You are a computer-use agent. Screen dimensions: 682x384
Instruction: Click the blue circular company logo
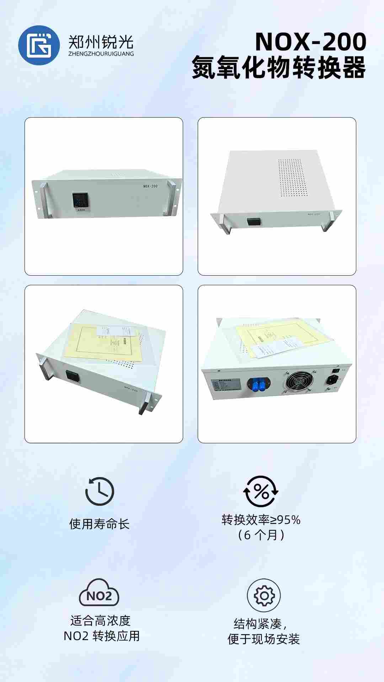pos(39,45)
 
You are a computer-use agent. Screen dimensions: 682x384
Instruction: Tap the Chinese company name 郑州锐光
pos(101,42)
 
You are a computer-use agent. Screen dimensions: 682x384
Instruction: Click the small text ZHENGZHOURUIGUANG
pos(101,54)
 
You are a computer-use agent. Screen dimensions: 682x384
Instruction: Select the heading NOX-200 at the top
pos(310,42)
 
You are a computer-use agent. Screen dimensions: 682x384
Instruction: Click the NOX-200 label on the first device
pos(150,186)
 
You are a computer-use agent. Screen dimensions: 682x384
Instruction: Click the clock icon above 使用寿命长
pos(100,492)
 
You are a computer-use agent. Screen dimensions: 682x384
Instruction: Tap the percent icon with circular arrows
pos(261,492)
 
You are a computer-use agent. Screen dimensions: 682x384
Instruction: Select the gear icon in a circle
pos(263,595)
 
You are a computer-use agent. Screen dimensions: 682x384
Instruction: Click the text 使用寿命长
pos(99,524)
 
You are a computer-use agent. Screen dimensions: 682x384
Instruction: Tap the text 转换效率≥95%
pos(261,520)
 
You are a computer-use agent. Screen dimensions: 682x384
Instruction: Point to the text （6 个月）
pos(261,535)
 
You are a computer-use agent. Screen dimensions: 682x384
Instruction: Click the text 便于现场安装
pos(263,639)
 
